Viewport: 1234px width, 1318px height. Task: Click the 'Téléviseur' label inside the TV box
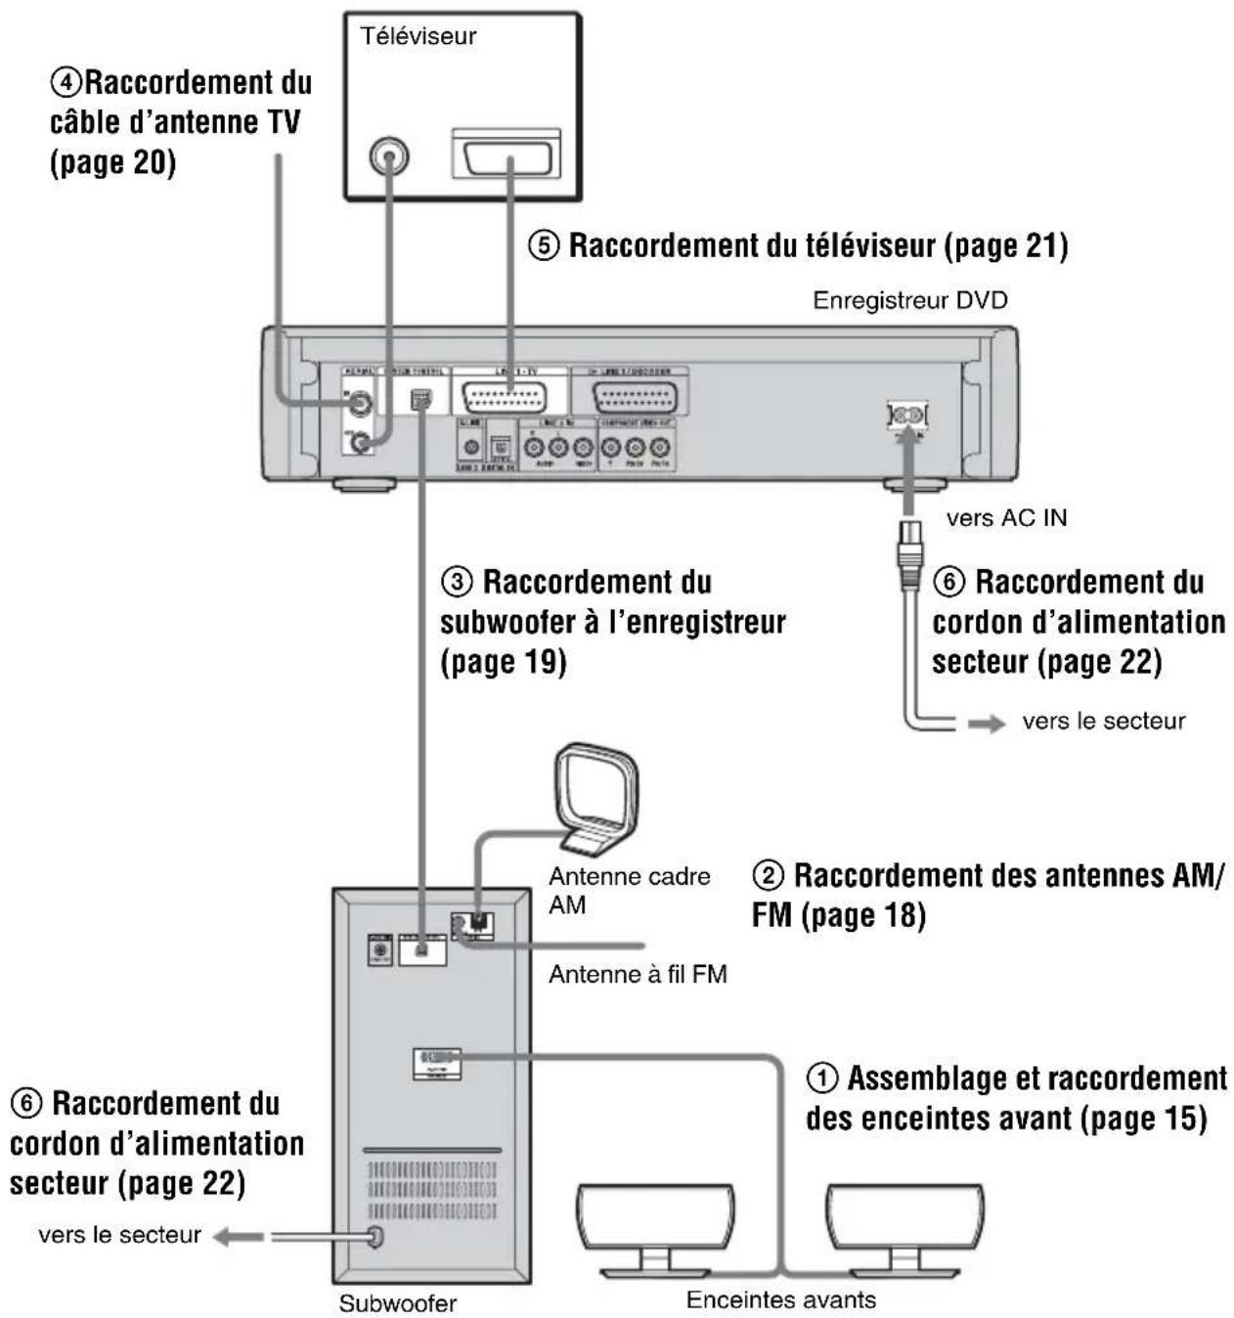[418, 36]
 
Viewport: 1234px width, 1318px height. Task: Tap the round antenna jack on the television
[389, 156]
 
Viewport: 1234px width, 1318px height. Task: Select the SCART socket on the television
[507, 155]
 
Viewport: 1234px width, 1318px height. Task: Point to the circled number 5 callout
[544, 245]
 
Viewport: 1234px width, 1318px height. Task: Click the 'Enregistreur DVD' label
[909, 300]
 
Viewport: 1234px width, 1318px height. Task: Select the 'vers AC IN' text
[1006, 518]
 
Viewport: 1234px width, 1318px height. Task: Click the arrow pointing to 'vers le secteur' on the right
[986, 724]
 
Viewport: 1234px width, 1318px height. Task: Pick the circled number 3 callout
[457, 583]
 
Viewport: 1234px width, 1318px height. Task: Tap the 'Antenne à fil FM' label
[638, 975]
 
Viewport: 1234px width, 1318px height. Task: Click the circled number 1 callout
[821, 1078]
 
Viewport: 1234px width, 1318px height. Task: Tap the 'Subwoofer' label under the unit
[397, 1303]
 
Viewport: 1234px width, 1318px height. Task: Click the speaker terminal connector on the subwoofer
[436, 1062]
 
